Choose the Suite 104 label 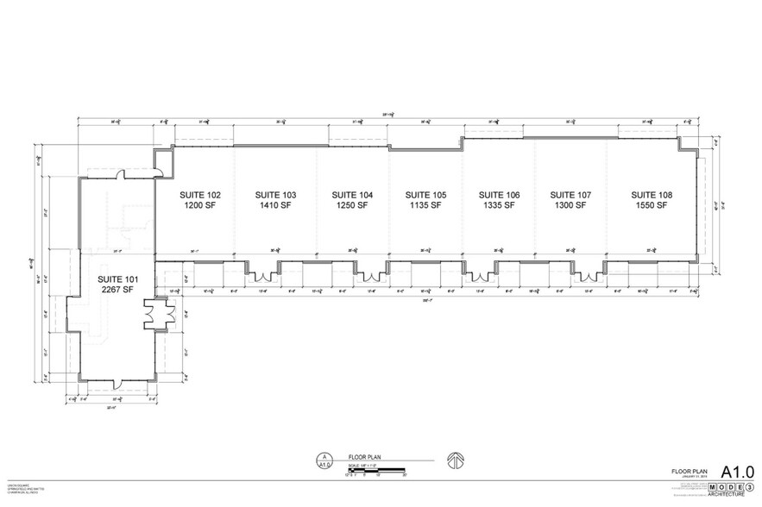pyautogui.click(x=352, y=195)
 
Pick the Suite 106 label pyautogui.click(x=500, y=195)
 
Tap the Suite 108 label pyautogui.click(x=652, y=195)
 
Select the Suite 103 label pyautogui.click(x=275, y=195)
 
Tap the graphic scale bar pyautogui.click(x=380, y=469)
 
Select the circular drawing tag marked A pyautogui.click(x=324, y=457)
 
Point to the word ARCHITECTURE pyautogui.click(x=726, y=495)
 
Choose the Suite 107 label pyautogui.click(x=571, y=195)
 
